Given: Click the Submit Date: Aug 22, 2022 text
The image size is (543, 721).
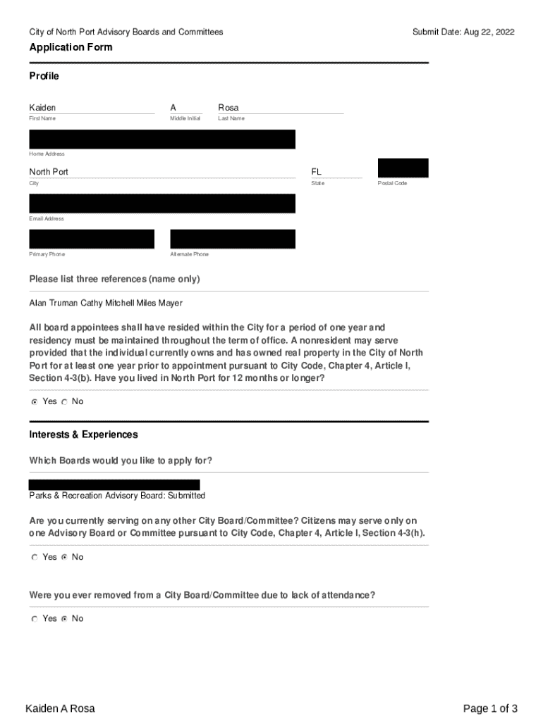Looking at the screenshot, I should pyautogui.click(x=463, y=32).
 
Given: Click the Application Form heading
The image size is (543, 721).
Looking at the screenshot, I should pyautogui.click(x=71, y=47).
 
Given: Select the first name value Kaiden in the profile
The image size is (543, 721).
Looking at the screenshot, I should pyautogui.click(x=42, y=108).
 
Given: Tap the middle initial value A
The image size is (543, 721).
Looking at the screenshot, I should pyautogui.click(x=173, y=108).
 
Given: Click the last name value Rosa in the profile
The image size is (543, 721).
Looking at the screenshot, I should pyautogui.click(x=228, y=108).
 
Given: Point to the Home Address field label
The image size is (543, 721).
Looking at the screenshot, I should pyautogui.click(x=47, y=153).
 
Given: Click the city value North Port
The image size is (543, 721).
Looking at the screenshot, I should pyautogui.click(x=49, y=172).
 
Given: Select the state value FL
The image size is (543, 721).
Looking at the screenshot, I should pyautogui.click(x=317, y=172).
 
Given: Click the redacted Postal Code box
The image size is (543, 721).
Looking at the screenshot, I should pyautogui.click(x=403, y=168).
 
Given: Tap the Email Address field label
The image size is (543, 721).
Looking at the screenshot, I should pyautogui.click(x=47, y=219).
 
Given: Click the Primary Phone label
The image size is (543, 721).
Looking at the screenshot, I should pyautogui.click(x=47, y=254).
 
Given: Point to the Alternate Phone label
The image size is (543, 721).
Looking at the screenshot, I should pyautogui.click(x=190, y=254).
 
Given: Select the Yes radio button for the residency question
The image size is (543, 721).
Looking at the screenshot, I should pyautogui.click(x=34, y=402).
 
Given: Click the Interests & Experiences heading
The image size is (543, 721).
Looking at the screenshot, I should pyautogui.click(x=83, y=434).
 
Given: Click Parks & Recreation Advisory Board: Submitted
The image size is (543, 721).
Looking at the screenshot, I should pyautogui.click(x=117, y=496).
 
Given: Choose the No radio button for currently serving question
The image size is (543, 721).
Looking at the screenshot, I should pyautogui.click(x=64, y=558).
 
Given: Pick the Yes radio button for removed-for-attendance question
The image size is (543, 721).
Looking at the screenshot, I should pyautogui.click(x=34, y=619).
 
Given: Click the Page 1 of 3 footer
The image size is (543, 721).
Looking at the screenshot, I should pyautogui.click(x=490, y=708).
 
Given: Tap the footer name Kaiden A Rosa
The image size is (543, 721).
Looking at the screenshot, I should pyautogui.click(x=60, y=708).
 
